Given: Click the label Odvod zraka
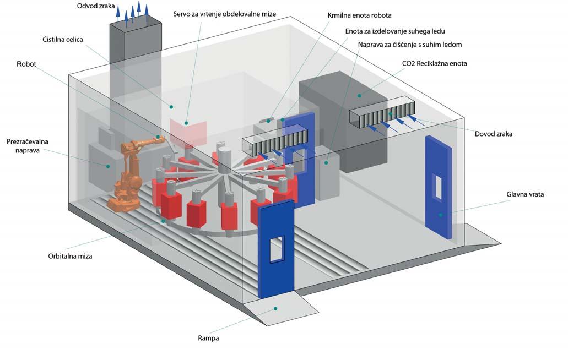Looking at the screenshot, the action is pyautogui.click(x=96, y=6).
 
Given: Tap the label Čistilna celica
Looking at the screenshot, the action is pyautogui.click(x=63, y=39).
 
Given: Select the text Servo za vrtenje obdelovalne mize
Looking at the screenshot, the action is pyautogui.click(x=224, y=14).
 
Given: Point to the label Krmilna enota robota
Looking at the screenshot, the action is pyautogui.click(x=359, y=15).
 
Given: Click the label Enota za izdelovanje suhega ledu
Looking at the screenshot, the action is pyautogui.click(x=395, y=31).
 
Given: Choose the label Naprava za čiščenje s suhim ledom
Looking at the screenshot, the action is pyautogui.click(x=410, y=45).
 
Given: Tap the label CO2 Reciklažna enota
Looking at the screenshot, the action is pyautogui.click(x=434, y=63).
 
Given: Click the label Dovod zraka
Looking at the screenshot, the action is pyautogui.click(x=494, y=134).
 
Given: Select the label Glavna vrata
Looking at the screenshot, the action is pyautogui.click(x=525, y=194).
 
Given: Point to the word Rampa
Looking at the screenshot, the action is pyautogui.click(x=208, y=339).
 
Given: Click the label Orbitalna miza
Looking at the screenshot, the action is pyautogui.click(x=70, y=256).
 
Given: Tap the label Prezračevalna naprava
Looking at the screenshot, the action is pyautogui.click(x=27, y=146).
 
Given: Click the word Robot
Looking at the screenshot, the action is pyautogui.click(x=26, y=64).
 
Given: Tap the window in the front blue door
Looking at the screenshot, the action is pyautogui.click(x=277, y=248).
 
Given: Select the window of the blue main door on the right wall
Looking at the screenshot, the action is pyautogui.click(x=437, y=187).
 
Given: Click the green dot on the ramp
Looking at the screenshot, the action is pyautogui.click(x=275, y=309).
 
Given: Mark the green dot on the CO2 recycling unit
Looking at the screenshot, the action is pyautogui.click(x=359, y=96).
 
